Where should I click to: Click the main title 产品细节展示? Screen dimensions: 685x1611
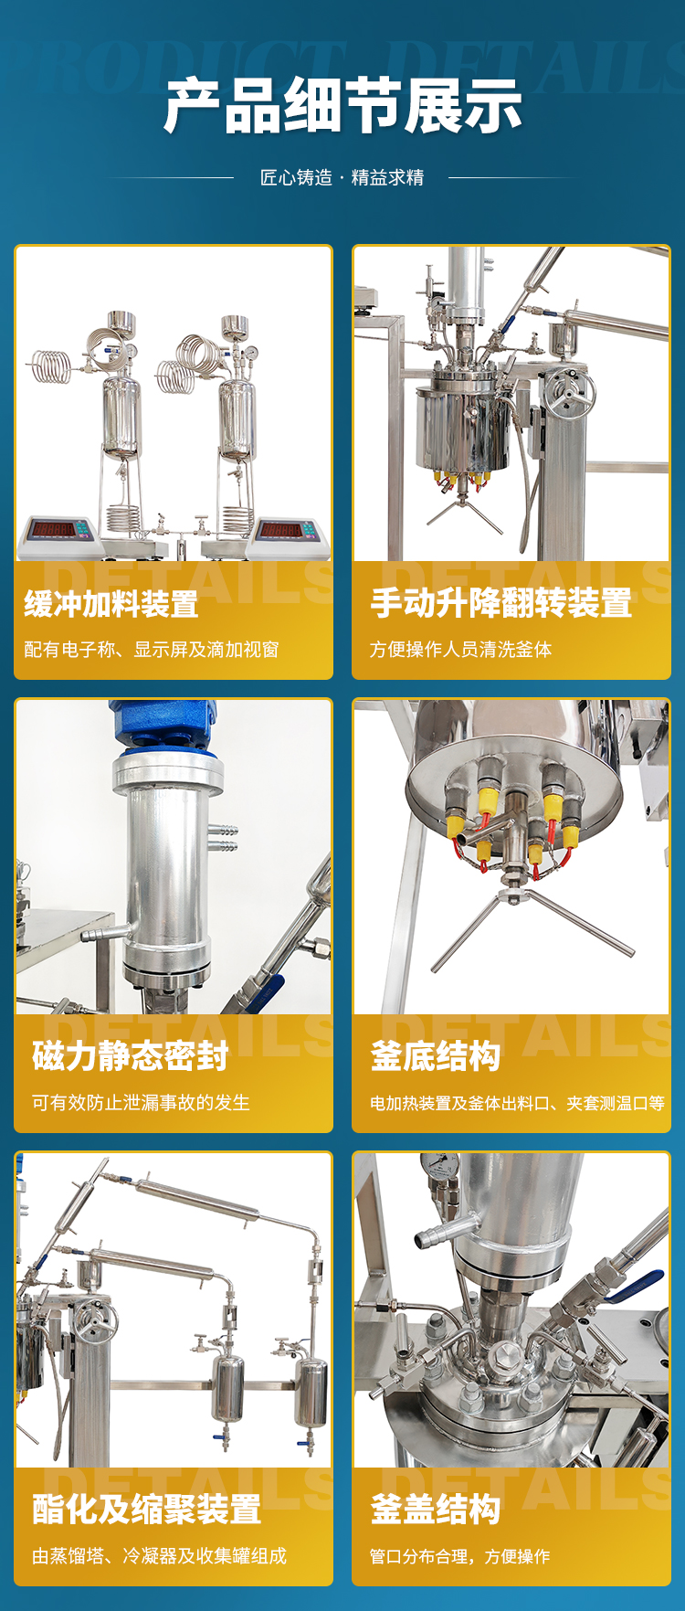342,107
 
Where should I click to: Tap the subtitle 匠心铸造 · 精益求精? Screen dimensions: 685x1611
342,177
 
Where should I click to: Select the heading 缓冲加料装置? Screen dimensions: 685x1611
111,604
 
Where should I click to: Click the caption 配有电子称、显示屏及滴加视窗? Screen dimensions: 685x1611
152,650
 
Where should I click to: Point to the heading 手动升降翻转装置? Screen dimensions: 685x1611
501,603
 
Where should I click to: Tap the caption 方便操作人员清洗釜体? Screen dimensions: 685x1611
461,650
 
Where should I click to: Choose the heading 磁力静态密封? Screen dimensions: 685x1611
131,1056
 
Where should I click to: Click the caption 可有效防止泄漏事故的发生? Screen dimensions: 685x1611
142,1103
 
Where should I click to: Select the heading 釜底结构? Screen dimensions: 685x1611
436,1056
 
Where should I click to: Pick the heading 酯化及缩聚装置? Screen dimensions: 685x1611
147,1510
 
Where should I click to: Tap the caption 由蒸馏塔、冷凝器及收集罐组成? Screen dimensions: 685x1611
160,1556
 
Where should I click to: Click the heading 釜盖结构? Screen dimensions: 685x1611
436,1510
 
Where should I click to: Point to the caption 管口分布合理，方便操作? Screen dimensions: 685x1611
460,1556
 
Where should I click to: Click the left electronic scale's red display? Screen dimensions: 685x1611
54,529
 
